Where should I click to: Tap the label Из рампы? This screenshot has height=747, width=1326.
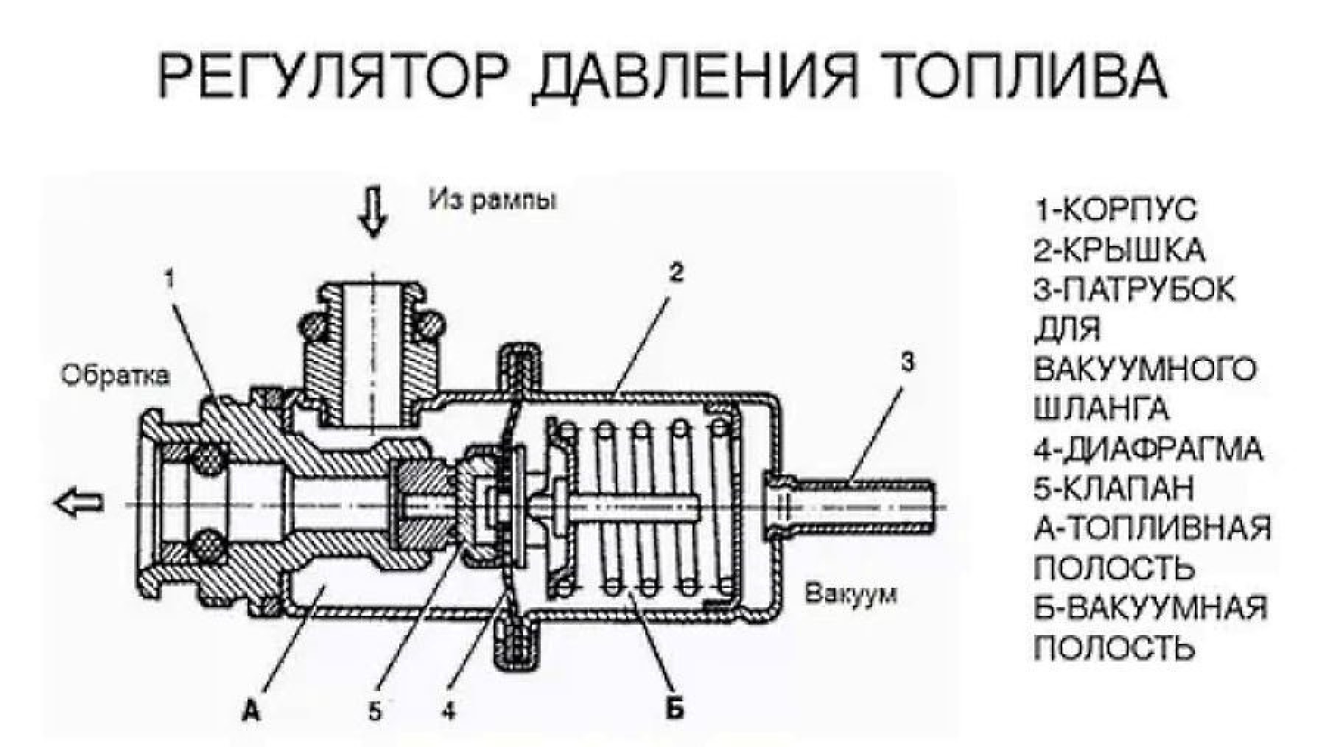tap(493, 200)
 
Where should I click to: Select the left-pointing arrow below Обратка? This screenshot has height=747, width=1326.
tap(79, 504)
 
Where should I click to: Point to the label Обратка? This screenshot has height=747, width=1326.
tap(115, 376)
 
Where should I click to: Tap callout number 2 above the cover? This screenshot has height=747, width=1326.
tap(676, 273)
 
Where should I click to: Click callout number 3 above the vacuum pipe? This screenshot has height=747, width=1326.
tap(908, 362)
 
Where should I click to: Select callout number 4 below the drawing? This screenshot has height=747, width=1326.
tap(448, 711)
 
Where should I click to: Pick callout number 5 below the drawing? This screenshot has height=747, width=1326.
tap(375, 711)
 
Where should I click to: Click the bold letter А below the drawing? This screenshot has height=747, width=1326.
tap(252, 711)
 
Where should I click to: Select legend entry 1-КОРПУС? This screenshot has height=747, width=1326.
tap(1115, 211)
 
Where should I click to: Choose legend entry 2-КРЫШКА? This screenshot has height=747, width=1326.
tap(1118, 250)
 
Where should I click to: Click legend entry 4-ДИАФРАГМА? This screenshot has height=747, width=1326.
tap(1148, 449)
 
